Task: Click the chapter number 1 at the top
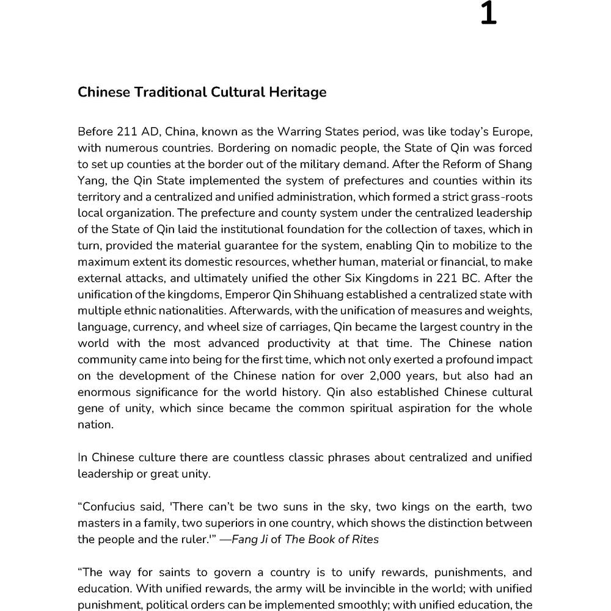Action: (488, 13)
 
